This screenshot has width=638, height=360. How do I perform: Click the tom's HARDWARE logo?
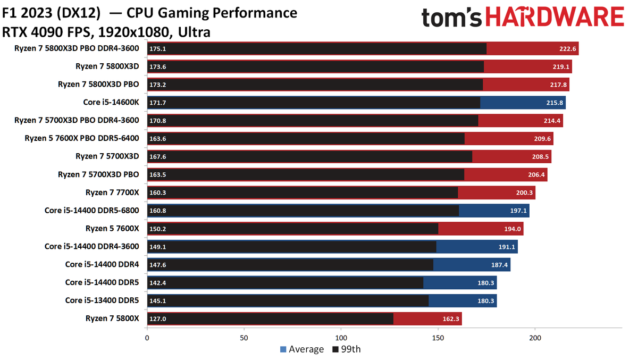point(523,18)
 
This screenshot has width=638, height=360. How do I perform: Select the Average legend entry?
point(301,349)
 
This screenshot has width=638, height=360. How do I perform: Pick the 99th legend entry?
point(346,349)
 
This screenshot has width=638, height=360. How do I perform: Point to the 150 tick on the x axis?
point(438,337)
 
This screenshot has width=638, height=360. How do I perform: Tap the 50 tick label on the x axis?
point(244,337)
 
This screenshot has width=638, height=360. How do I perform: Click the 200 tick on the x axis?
point(535,337)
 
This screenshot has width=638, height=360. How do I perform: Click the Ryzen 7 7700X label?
point(112,192)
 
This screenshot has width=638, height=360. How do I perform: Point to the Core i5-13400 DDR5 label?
point(102,300)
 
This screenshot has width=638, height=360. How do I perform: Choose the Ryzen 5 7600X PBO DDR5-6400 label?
point(82,138)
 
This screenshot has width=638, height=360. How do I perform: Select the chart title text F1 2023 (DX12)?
point(51,12)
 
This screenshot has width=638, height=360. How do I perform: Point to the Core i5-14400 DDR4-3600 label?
point(91,246)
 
